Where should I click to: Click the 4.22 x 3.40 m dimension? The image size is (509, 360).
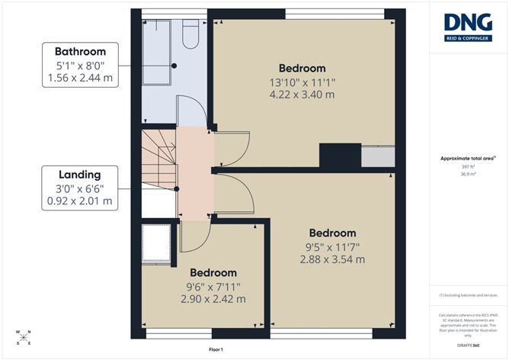(x=302, y=95)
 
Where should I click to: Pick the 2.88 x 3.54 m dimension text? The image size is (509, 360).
(x=332, y=259)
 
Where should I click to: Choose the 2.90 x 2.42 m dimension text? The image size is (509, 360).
(x=213, y=299)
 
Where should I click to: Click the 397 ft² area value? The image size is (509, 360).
(x=468, y=166)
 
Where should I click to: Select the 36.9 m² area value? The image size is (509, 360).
(x=468, y=174)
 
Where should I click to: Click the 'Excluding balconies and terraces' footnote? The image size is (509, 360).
(x=468, y=295)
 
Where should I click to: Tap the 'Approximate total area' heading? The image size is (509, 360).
(x=468, y=158)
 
